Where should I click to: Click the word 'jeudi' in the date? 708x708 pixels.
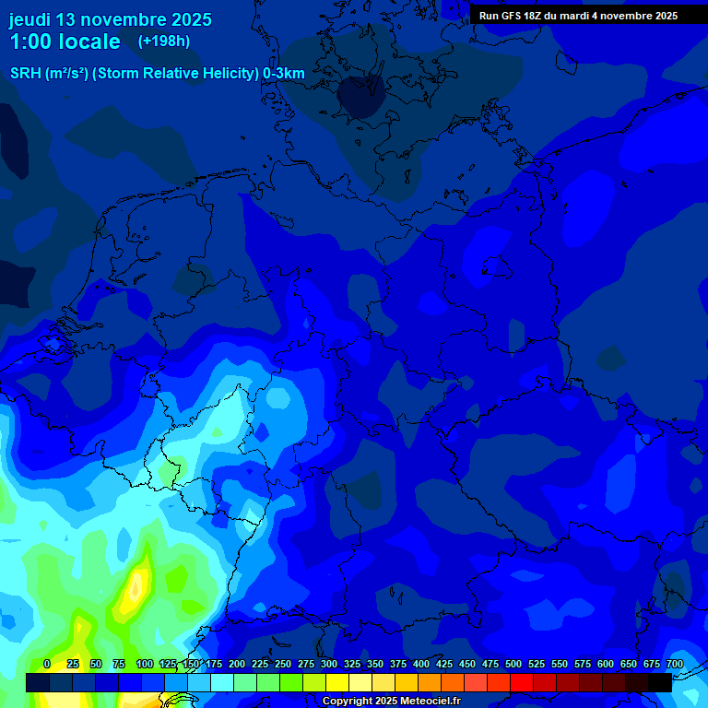click(x=29, y=19)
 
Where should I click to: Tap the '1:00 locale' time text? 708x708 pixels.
click(x=65, y=41)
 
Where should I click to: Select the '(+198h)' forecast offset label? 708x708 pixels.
click(x=163, y=41)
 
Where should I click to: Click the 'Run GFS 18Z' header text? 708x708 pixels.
click(x=510, y=16)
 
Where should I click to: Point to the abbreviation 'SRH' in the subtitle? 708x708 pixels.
click(x=26, y=74)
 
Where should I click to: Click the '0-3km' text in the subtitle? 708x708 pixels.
click(x=284, y=74)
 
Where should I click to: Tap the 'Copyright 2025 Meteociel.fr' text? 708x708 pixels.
click(x=392, y=702)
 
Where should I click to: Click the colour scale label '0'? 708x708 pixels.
click(x=46, y=664)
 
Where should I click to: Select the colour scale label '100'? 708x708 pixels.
click(x=145, y=664)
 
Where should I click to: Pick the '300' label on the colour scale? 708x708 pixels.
click(x=329, y=664)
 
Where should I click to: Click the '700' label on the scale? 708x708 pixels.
click(x=675, y=664)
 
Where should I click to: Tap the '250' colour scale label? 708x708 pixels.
click(x=283, y=664)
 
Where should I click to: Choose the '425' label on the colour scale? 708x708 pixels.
click(x=444, y=664)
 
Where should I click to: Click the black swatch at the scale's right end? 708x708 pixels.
click(x=660, y=682)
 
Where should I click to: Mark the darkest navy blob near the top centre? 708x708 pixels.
click(x=361, y=96)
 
